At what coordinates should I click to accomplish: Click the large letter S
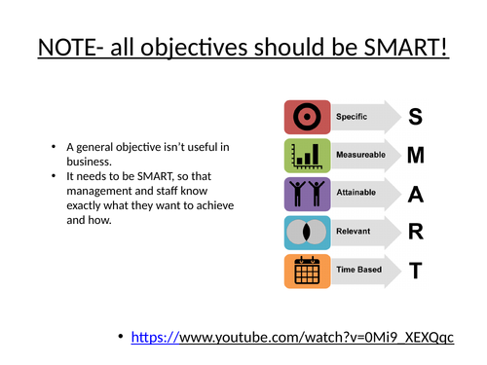[416, 117]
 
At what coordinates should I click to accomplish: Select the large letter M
[416, 154]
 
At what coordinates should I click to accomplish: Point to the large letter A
[416, 193]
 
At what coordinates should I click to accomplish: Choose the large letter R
[416, 232]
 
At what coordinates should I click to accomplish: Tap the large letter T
[416, 271]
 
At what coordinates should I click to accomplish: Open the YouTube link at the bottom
[293, 337]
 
